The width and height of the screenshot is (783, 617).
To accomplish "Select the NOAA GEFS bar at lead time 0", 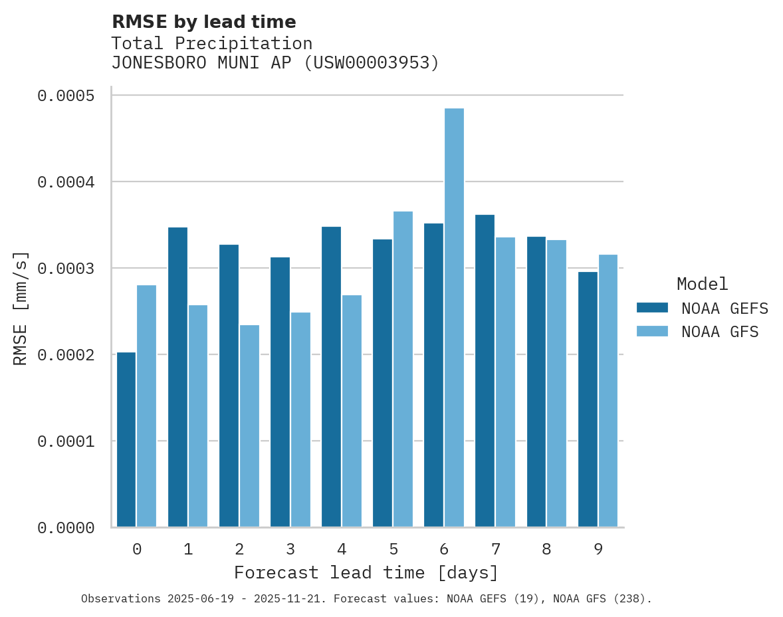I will coord(126,439).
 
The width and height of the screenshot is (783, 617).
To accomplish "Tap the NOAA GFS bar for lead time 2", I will coord(249,426).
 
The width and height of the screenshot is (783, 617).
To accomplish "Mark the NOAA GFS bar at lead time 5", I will coord(403,369).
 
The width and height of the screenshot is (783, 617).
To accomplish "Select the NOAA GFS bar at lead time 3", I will coord(300,420).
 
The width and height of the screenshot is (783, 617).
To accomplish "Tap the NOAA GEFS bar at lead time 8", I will coord(536,382).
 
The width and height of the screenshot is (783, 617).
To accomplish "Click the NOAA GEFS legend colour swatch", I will coord(651,308).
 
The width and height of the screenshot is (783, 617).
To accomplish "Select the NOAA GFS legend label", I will coord(720,332).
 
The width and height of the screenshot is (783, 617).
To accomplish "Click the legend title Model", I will coord(702,284).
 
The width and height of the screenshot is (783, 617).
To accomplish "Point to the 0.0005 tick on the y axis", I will coord(65,96).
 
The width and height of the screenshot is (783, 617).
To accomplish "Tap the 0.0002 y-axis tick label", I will coord(65,355).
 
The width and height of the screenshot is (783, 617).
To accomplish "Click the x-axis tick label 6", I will coord(444,549).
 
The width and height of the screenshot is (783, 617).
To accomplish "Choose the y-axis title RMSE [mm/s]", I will coord(21,308).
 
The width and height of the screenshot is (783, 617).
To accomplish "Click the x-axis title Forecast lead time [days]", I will coord(366,572).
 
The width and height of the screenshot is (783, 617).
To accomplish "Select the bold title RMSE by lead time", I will coord(203,22).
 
